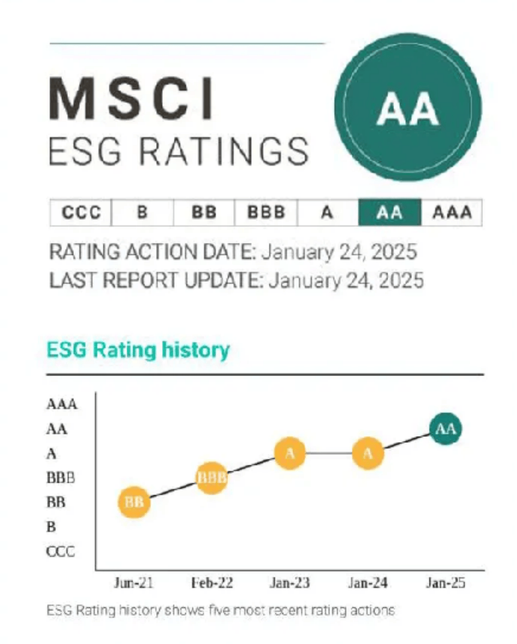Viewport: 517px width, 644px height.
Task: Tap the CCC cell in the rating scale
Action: click(x=81, y=213)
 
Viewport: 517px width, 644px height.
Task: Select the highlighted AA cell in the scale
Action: click(x=389, y=213)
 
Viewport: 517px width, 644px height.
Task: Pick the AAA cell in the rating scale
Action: click(x=452, y=213)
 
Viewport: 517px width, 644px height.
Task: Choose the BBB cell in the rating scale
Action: click(x=266, y=213)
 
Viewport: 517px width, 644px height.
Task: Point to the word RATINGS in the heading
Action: click(x=223, y=151)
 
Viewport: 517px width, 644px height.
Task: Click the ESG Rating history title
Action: click(x=138, y=350)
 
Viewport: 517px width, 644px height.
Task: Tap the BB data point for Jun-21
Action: click(x=134, y=502)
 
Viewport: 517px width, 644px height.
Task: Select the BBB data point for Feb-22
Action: click(x=212, y=478)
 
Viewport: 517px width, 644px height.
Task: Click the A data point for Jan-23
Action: click(x=290, y=453)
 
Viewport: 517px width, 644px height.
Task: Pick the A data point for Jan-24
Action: click(x=368, y=453)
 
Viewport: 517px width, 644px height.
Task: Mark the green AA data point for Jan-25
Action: click(x=445, y=429)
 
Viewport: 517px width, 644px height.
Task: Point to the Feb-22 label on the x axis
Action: click(x=212, y=582)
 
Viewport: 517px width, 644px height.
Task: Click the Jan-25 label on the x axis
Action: click(x=445, y=582)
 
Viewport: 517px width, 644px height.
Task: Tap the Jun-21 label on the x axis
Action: click(x=133, y=582)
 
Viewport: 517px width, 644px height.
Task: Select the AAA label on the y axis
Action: click(x=62, y=404)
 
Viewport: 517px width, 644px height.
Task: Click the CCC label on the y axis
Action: click(x=61, y=551)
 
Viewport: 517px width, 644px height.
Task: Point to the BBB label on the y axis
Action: click(x=61, y=478)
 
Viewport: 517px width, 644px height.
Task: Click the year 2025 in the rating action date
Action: click(x=393, y=252)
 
